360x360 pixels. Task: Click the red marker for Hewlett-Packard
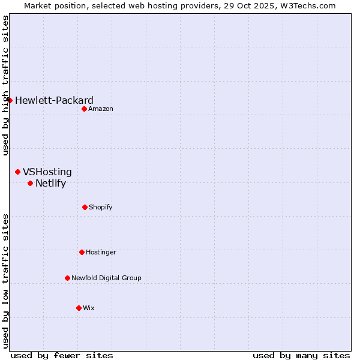click(10, 100)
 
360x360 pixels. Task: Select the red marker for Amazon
click(85, 109)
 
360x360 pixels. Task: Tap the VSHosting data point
click(18, 172)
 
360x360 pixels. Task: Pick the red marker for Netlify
click(30, 183)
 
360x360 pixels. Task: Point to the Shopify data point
click(85, 207)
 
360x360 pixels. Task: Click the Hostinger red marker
click(82, 252)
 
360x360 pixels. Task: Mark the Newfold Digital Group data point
click(67, 278)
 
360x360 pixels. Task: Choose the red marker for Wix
click(79, 308)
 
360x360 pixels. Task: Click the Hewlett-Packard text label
click(54, 100)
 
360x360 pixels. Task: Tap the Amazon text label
click(101, 109)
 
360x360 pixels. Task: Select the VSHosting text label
click(47, 172)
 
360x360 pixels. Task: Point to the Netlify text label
click(50, 183)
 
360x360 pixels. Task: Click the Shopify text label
click(101, 207)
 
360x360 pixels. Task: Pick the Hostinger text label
click(101, 252)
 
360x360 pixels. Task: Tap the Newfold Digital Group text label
click(106, 278)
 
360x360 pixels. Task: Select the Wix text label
click(89, 308)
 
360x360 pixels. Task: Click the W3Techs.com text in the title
click(310, 5)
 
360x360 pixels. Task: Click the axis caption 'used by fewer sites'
click(62, 355)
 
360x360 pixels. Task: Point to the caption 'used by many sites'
click(301, 355)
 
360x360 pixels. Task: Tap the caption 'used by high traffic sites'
click(5, 85)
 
